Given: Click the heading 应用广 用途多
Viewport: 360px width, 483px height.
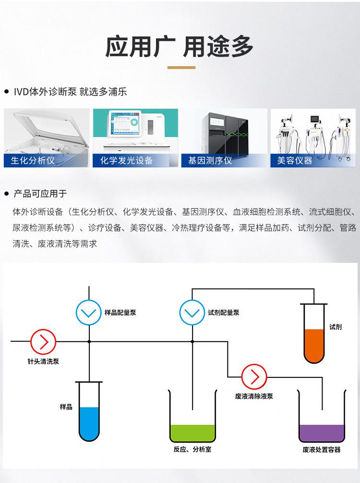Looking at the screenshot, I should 180,47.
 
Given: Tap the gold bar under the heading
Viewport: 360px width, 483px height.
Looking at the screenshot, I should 181,68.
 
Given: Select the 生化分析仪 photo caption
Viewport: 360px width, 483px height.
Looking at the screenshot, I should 33,160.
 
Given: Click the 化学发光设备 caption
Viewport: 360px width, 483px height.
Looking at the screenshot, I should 127,160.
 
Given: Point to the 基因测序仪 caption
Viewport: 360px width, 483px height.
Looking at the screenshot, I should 210,160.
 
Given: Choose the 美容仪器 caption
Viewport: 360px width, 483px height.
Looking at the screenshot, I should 295,160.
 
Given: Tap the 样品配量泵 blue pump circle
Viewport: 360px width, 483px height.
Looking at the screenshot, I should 89,313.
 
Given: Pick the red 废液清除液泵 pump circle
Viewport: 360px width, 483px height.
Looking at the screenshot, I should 254,377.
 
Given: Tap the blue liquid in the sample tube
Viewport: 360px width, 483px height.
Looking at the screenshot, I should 89,423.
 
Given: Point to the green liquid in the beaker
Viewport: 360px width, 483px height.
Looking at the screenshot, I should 193,433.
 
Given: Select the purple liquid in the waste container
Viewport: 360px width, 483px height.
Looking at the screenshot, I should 321,433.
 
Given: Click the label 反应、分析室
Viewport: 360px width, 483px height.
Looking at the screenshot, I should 192,449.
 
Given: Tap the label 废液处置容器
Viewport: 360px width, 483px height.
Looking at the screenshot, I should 321,449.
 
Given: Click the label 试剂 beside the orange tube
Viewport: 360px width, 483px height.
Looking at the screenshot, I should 336,327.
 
